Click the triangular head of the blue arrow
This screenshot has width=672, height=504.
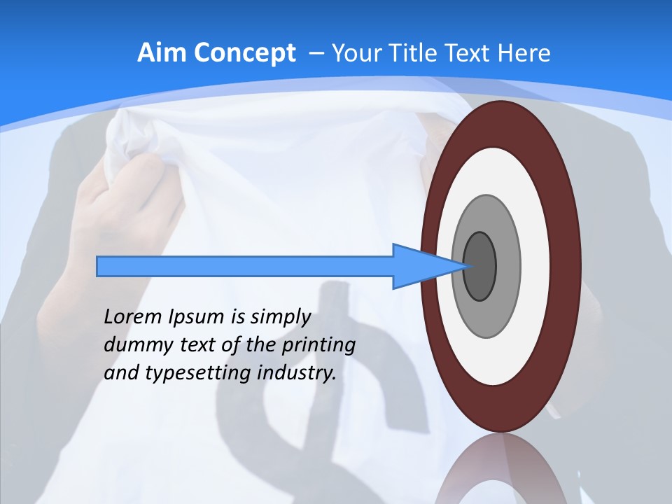pos(420,267)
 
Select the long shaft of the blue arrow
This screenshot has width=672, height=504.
pos(245,267)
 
